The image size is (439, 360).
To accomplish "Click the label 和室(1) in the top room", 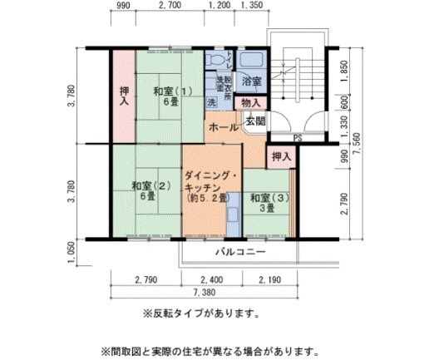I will click(x=172, y=96).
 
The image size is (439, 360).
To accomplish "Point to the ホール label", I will click(x=222, y=128).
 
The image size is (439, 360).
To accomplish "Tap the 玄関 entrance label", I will click(x=256, y=121).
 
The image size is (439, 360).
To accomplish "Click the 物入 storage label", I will click(x=250, y=103).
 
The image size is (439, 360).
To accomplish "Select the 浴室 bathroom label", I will click(x=251, y=81).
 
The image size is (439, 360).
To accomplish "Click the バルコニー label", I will click(x=239, y=251).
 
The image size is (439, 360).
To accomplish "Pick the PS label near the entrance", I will click(x=297, y=138).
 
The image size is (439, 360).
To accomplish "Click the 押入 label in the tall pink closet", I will click(x=124, y=96).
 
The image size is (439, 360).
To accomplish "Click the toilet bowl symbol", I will click(x=217, y=62).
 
